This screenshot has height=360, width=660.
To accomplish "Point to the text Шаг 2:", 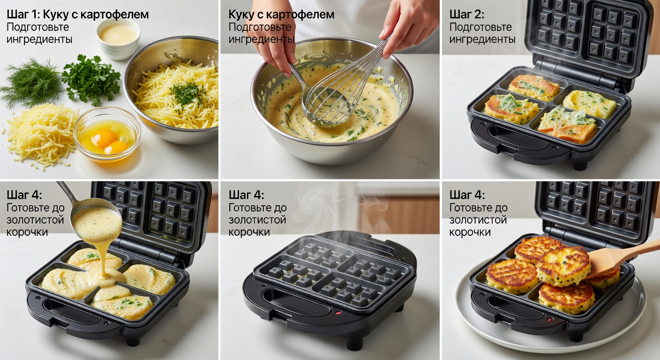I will click(467, 15).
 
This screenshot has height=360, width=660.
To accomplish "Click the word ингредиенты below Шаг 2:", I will click(482, 39).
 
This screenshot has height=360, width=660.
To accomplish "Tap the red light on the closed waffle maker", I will click(339, 313).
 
